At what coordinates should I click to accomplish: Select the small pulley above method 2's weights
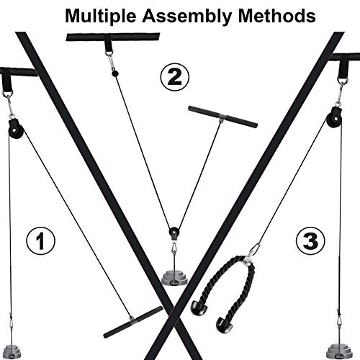click(173, 234)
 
